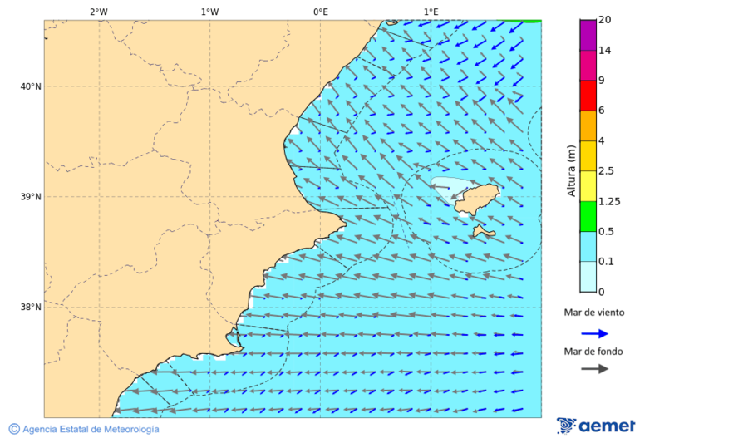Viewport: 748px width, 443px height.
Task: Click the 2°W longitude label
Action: pos(98,12)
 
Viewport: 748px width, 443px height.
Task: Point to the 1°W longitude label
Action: pos(209,12)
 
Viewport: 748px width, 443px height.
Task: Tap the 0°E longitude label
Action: pos(320,12)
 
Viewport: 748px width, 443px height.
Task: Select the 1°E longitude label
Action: pos(431,12)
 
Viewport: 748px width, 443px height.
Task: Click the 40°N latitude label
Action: pos(31,86)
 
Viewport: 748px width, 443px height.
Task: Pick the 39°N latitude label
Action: pos(31,197)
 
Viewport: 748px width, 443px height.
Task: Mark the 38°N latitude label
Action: pos(31,308)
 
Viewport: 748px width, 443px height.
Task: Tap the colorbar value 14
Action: pos(605,51)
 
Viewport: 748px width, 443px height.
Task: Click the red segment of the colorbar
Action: pos(588,95)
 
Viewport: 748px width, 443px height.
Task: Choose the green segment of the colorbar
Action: pos(588,216)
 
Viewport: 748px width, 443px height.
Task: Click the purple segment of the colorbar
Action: pos(588,35)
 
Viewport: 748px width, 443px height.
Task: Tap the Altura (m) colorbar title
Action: pos(571,170)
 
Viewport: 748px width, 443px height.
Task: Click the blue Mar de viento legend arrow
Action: pos(594,333)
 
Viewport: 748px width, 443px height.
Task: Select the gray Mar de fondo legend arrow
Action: pos(594,369)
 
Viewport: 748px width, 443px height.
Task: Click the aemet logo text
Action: pos(606,426)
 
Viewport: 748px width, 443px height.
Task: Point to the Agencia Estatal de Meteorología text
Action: pos(91,429)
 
